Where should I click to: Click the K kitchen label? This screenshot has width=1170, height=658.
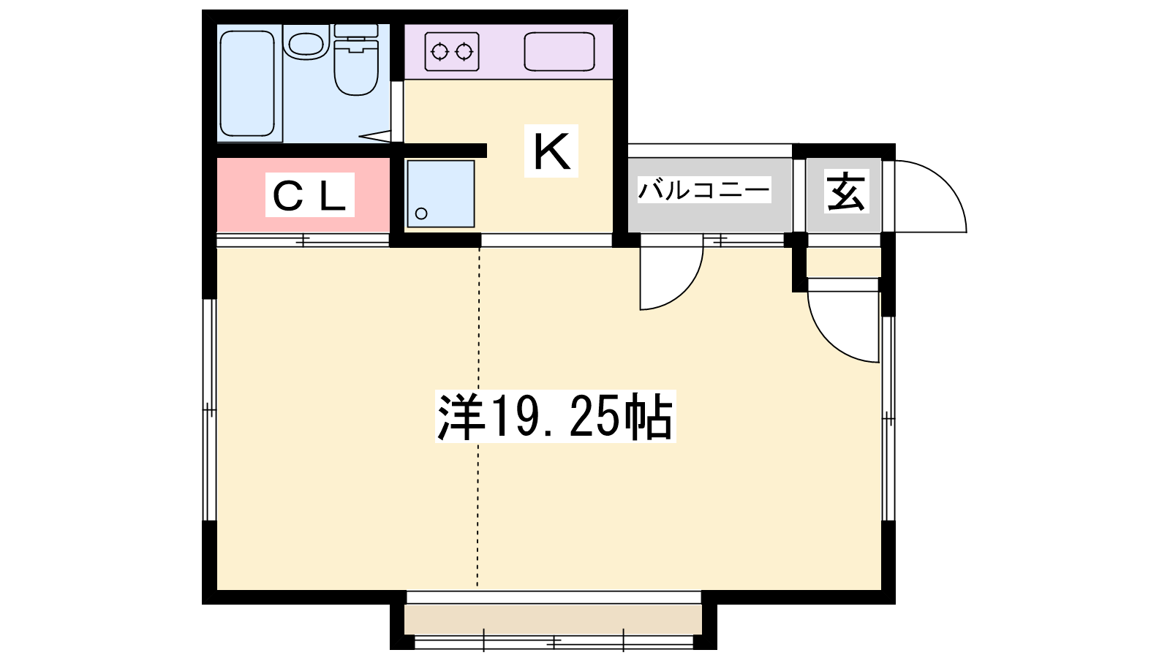551,151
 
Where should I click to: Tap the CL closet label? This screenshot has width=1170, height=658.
310,195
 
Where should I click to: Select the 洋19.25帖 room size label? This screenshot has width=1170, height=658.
555,417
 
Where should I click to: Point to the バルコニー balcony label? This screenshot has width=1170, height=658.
703,190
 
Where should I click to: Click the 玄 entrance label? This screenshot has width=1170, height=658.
846,191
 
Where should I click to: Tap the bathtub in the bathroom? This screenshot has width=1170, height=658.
248,83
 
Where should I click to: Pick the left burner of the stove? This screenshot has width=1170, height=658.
439,52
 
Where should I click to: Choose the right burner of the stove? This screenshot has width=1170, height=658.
464,52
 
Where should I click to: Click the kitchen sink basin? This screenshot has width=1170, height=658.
559,52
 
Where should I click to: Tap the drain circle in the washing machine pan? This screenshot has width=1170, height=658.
421,213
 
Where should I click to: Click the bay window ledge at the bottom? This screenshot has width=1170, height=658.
553,620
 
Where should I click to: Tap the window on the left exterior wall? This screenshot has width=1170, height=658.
209,409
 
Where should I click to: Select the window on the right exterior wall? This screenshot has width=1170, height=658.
888,418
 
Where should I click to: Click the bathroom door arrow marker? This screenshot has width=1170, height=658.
374,136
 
